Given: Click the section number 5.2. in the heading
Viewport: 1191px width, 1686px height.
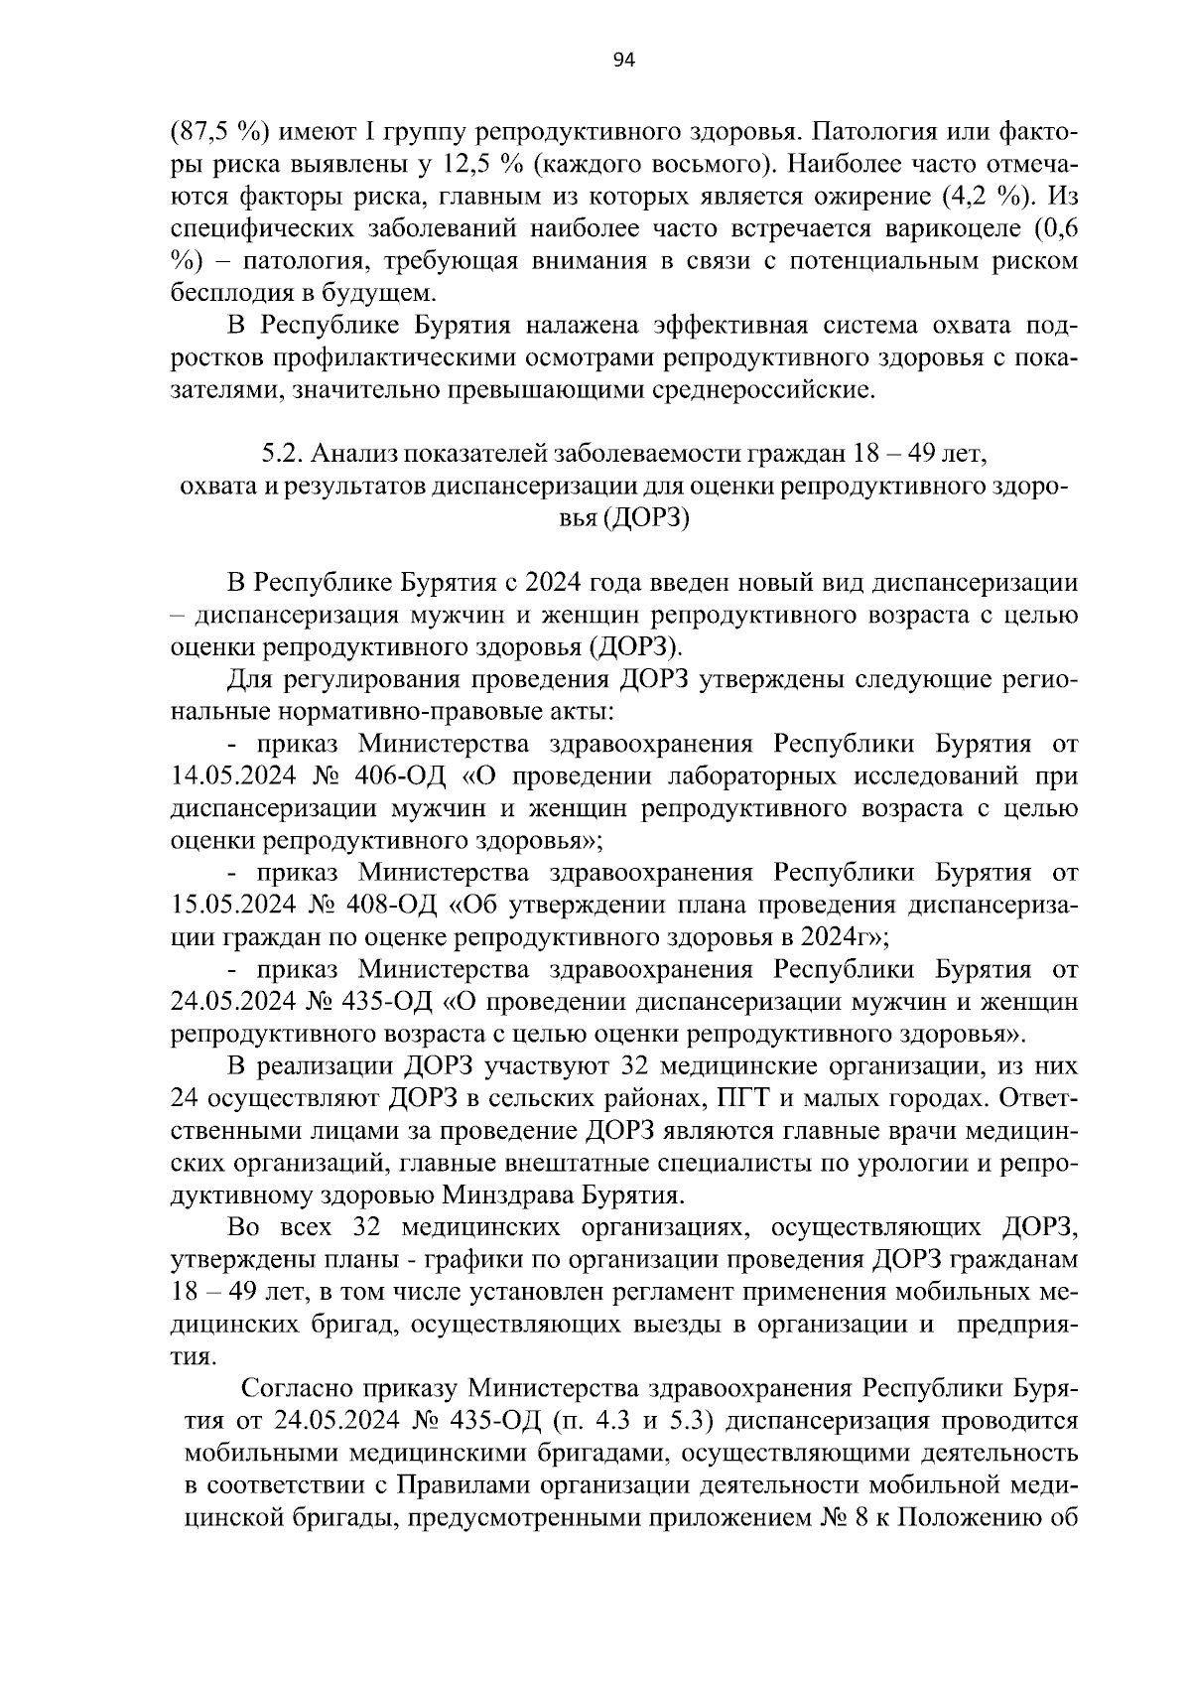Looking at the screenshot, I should click(283, 454).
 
